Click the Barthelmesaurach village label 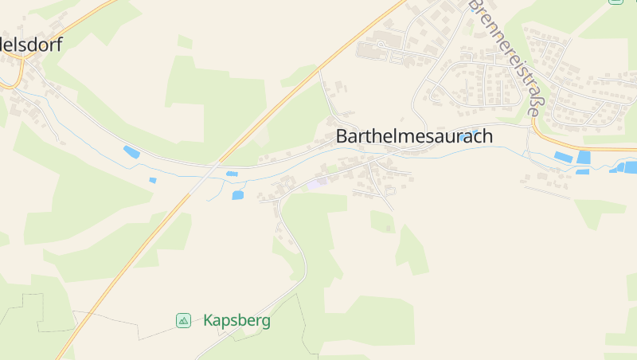tap(414, 136)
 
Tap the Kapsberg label tap(236, 321)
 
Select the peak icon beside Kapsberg tap(183, 320)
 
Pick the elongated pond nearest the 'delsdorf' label tap(131, 152)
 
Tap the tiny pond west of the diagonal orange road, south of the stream tap(153, 180)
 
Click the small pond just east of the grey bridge tap(232, 174)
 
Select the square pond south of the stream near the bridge tap(238, 194)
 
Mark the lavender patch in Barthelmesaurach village tap(317, 184)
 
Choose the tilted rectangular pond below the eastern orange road tap(564, 157)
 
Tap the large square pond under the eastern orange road tap(584, 158)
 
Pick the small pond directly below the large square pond tap(583, 171)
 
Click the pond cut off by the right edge tap(630, 167)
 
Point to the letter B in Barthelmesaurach tap(342, 136)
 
